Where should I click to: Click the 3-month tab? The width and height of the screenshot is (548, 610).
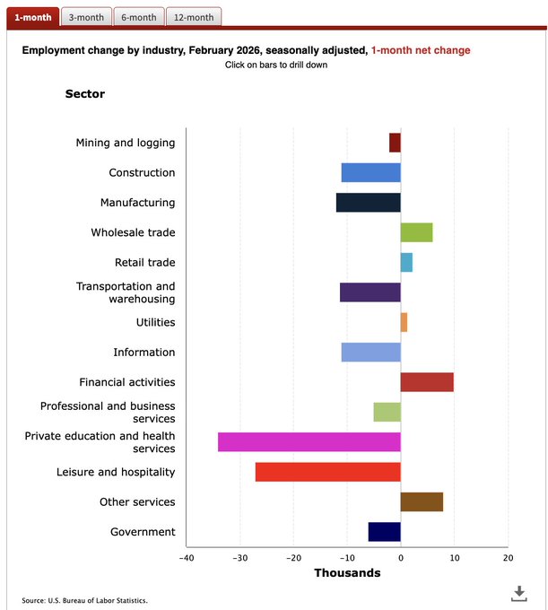pyautogui.click(x=86, y=17)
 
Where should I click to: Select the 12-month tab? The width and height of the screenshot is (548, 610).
pyautogui.click(x=194, y=17)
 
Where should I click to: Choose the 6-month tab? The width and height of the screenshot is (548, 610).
pyautogui.click(x=139, y=17)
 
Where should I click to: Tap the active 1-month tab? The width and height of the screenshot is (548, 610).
pyautogui.click(x=32, y=17)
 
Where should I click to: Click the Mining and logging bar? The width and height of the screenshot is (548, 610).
pyautogui.click(x=395, y=143)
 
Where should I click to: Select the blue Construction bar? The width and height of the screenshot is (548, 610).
pyautogui.click(x=370, y=173)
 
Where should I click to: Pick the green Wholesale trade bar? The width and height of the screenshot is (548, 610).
pyautogui.click(x=416, y=232)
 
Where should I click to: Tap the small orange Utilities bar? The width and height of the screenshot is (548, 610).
pyautogui.click(x=404, y=322)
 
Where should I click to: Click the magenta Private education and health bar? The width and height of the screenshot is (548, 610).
pyautogui.click(x=309, y=441)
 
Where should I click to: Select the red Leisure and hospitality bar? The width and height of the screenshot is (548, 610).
pyautogui.click(x=327, y=472)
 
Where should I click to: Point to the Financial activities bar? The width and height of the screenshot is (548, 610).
pyautogui.click(x=427, y=382)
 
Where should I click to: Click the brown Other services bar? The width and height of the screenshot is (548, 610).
pyautogui.click(x=422, y=501)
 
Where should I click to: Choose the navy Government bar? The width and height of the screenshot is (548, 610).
pyautogui.click(x=384, y=532)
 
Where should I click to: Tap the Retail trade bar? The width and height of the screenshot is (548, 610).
pyautogui.click(x=406, y=263)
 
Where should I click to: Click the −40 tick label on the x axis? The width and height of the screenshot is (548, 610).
pyautogui.click(x=186, y=558)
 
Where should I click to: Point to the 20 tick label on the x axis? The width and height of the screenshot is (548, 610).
pyautogui.click(x=508, y=558)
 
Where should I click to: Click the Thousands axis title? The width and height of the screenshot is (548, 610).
pyautogui.click(x=346, y=573)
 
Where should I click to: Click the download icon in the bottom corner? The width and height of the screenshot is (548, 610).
pyautogui.click(x=518, y=593)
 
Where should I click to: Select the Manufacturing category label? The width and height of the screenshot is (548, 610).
pyautogui.click(x=137, y=203)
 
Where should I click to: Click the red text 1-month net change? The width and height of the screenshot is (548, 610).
pyautogui.click(x=420, y=50)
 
